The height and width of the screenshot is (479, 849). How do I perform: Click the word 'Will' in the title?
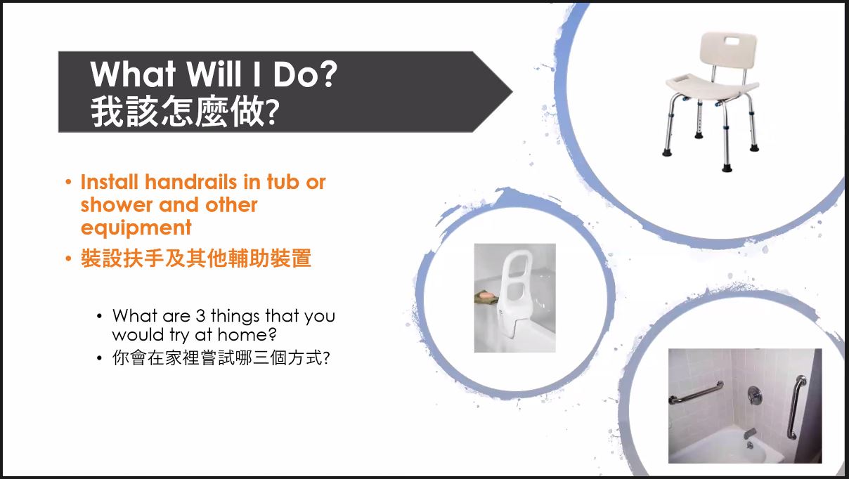(x=214, y=74)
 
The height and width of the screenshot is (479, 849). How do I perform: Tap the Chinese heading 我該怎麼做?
(x=185, y=112)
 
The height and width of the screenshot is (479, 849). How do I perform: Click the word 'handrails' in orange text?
(x=191, y=182)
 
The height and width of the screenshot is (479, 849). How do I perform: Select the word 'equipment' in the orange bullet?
(x=136, y=228)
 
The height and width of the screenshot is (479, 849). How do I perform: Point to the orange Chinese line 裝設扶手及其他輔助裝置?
(x=196, y=258)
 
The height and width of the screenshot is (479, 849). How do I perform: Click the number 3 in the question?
(x=200, y=316)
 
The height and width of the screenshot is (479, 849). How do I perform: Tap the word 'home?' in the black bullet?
(x=247, y=335)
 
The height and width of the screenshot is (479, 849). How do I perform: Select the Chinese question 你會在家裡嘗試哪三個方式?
(x=221, y=357)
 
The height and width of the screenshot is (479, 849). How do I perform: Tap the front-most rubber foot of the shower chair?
(x=727, y=167)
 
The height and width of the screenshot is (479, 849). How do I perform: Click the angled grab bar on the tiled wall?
(x=696, y=393)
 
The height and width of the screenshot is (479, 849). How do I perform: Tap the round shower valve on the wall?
(x=755, y=395)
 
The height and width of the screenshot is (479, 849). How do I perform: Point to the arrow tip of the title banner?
(x=512, y=91)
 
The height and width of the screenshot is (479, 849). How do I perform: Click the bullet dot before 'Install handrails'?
(x=68, y=182)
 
